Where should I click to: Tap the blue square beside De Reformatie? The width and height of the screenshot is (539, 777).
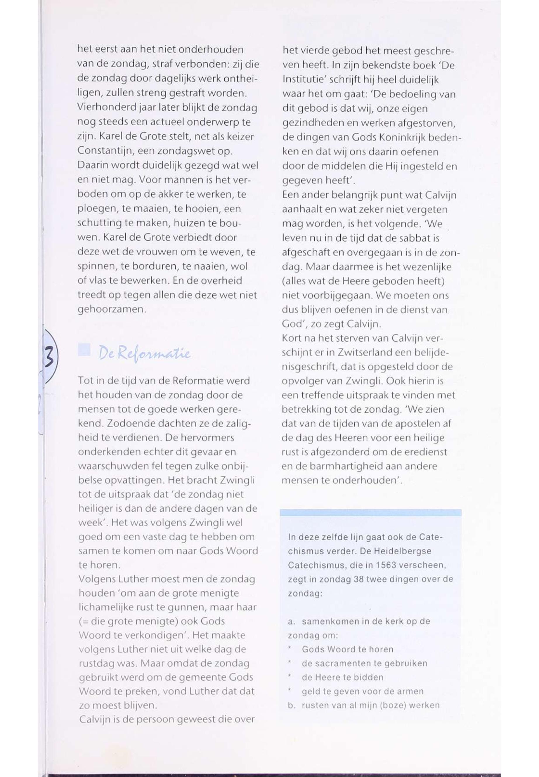click(84, 350)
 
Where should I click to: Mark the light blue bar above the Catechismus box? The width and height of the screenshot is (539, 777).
click(370, 513)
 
